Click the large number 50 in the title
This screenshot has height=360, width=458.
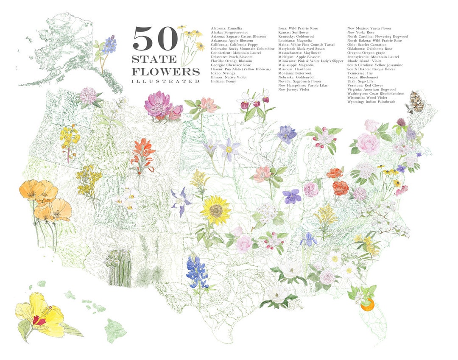tap(155, 39)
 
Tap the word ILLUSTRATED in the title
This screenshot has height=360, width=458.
tap(165, 81)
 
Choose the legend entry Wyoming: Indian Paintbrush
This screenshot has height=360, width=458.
tap(371, 102)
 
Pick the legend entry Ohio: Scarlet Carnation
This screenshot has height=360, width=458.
tap(367, 45)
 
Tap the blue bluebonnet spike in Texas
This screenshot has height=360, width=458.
tap(197, 271)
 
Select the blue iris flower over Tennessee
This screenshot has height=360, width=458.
tap(308, 240)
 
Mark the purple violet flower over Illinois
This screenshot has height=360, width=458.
tap(291, 196)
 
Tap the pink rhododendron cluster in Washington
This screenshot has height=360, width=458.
tap(88, 95)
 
